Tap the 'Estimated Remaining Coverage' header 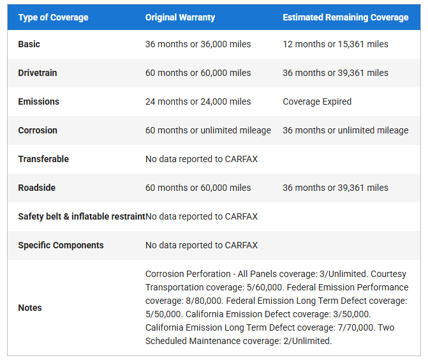pyautogui.click(x=345, y=17)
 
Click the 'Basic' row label pyautogui.click(x=29, y=44)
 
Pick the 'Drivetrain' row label pyautogui.click(x=38, y=73)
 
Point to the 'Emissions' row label pyautogui.click(x=38, y=101)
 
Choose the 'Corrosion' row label pyautogui.click(x=38, y=130)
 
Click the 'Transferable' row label pyautogui.click(x=43, y=159)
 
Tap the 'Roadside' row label pyautogui.click(x=38, y=188)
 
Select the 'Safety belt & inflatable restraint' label pyautogui.click(x=81, y=216)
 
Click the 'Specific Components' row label pyautogui.click(x=61, y=245)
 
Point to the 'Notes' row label pyautogui.click(x=30, y=308)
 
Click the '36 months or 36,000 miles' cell pyautogui.click(x=198, y=44)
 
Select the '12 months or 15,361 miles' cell pyautogui.click(x=336, y=44)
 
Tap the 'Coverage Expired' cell pyautogui.click(x=317, y=101)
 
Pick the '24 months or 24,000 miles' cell pyautogui.click(x=198, y=101)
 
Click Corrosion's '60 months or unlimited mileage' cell pyautogui.click(x=208, y=130)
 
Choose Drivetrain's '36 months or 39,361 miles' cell pyautogui.click(x=336, y=73)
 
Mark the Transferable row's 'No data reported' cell pyautogui.click(x=202, y=159)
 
